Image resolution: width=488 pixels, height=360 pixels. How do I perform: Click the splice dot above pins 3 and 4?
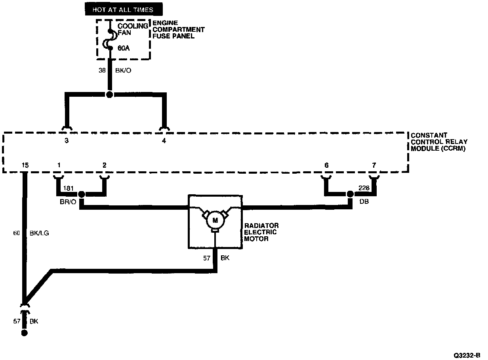point(110,95)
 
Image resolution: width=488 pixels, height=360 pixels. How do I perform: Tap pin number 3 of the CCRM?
point(67,140)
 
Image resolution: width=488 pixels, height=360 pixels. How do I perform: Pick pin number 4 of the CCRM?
point(164,140)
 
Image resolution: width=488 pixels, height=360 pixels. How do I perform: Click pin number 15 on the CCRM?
point(25,165)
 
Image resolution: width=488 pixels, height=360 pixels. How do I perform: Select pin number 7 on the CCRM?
point(374,165)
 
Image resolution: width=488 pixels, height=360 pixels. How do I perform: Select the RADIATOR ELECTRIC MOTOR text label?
point(261,232)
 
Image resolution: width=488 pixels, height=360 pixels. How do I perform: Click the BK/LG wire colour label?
point(40,233)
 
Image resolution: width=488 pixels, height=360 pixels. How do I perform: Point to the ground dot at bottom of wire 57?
point(25,333)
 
